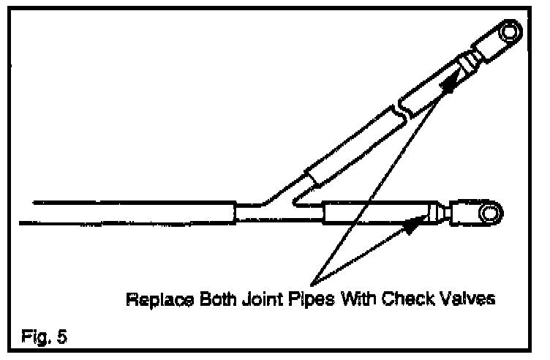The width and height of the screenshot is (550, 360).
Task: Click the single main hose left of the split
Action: pyautogui.click(x=132, y=212)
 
